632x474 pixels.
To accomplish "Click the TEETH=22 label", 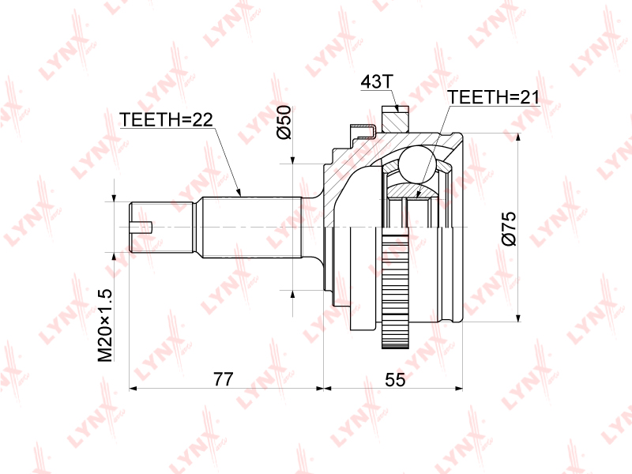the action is pyautogui.click(x=166, y=120).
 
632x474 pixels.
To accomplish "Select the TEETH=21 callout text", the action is pyautogui.click(x=493, y=97).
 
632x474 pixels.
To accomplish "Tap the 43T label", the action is pyautogui.click(x=376, y=82).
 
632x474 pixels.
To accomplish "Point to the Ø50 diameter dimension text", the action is pyautogui.click(x=284, y=122).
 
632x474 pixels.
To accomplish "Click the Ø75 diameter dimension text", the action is pyautogui.click(x=509, y=228).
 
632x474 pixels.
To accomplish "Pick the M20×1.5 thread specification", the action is pyautogui.click(x=105, y=325).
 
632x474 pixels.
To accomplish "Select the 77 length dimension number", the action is pyautogui.click(x=224, y=379).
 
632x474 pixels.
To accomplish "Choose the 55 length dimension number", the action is pyautogui.click(x=395, y=379).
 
